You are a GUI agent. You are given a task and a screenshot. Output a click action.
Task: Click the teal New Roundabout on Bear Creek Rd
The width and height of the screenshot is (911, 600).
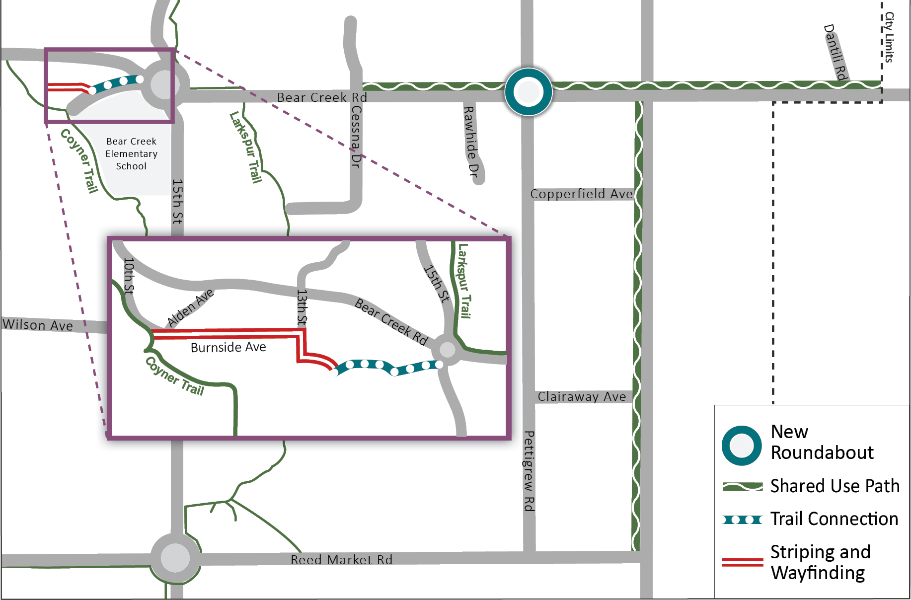coord(529,92)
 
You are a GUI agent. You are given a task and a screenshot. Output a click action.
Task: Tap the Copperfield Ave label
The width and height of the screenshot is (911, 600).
coord(582,194)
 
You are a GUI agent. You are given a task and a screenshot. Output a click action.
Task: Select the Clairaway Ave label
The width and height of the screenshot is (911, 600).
coord(582,396)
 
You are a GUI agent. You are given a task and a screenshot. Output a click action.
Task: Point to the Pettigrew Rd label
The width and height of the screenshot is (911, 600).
coord(530,471)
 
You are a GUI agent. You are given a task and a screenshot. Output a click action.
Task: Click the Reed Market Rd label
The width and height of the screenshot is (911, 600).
coord(341,560)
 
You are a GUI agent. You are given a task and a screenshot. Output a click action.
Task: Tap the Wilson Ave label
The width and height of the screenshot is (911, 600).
coord(38,325)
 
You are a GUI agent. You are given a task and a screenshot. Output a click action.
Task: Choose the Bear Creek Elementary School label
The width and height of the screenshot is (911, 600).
coord(132,154)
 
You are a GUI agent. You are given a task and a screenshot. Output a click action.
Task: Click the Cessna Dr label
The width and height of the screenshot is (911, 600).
coord(356,137)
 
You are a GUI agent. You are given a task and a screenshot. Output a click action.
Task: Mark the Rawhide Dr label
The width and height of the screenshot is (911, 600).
coord(470,142)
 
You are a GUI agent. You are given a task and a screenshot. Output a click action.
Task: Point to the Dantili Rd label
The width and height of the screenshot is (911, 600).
coord(835,52)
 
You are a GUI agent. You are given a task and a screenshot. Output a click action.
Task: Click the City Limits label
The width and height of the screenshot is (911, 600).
coord(889,37)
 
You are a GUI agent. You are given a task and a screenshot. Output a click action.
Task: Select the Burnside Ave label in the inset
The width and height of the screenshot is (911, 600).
coord(228,347)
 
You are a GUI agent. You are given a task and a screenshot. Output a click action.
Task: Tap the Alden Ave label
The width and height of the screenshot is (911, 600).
coord(190,308)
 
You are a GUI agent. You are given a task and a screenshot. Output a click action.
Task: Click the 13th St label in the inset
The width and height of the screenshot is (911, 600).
coord(302,307)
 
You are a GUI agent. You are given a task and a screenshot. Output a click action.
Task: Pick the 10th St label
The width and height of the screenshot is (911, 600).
coord(129,276)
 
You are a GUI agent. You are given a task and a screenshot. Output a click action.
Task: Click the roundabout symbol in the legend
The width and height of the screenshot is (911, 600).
coord(742,446)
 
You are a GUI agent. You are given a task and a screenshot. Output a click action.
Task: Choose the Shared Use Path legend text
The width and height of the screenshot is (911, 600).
coord(835,486)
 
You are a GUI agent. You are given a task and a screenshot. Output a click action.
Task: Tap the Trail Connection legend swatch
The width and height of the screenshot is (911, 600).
coord(743,520)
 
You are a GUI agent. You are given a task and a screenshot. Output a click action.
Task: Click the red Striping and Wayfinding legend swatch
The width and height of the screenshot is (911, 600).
coord(743,562)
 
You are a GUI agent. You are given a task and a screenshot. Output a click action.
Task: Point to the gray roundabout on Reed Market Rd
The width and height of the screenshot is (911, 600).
coord(175,558)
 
